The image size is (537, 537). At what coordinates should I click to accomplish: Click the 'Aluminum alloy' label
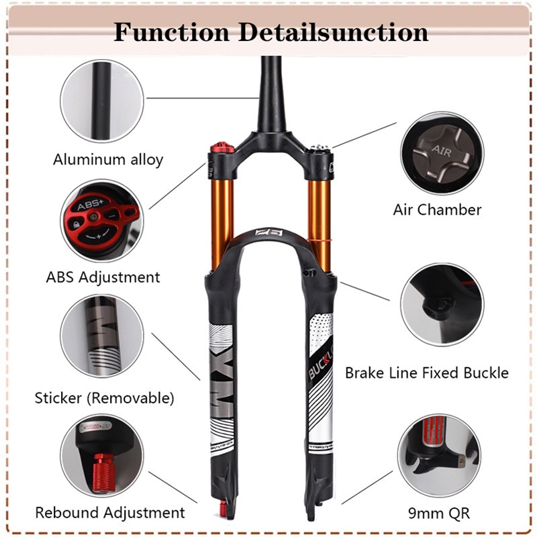pos(108,160)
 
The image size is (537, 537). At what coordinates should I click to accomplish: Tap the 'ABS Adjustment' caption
pos(103,277)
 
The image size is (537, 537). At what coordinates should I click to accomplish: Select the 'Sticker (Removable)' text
pos(104,397)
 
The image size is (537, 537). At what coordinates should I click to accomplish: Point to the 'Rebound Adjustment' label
pos(109,513)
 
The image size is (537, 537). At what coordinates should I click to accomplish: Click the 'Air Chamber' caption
pos(437,209)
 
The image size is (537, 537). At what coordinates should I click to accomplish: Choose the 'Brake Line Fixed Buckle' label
pos(427,373)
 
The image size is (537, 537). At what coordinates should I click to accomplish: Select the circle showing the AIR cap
pos(441,152)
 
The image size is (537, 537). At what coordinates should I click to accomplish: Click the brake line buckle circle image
pos(441,304)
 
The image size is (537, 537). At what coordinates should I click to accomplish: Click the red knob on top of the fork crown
pos(217,148)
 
